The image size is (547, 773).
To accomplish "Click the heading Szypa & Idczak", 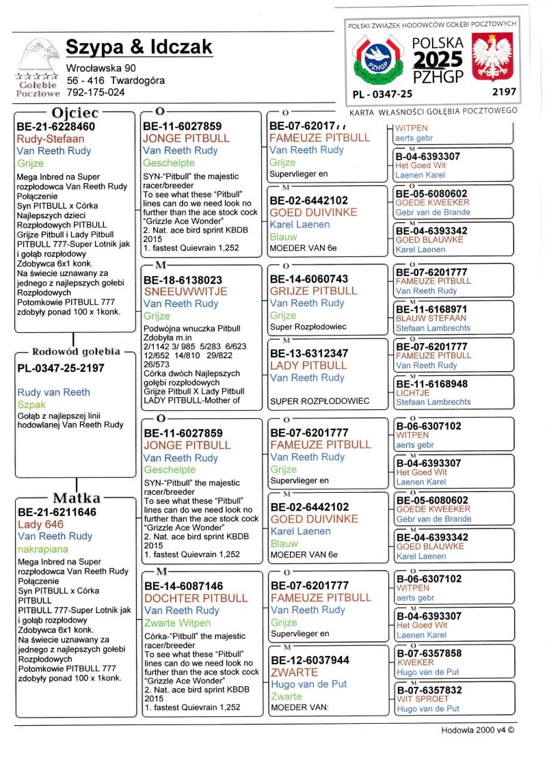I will [x=139, y=47].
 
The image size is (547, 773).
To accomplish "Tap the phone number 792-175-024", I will [x=96, y=92].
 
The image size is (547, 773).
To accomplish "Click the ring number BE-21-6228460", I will [x=56, y=126].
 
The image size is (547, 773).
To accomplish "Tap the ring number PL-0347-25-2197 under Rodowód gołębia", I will [x=61, y=368].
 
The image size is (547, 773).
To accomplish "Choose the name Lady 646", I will [x=40, y=524].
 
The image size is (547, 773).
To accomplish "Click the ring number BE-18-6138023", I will [x=183, y=280].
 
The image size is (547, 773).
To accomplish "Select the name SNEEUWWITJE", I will [x=179, y=291].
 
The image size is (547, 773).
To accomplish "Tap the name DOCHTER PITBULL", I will [x=196, y=598].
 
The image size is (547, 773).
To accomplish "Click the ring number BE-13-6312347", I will [x=309, y=353].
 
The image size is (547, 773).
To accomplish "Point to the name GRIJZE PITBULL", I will [x=314, y=290].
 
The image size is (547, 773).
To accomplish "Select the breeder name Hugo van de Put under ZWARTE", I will [x=309, y=684].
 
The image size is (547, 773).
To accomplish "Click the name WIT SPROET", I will [x=423, y=699].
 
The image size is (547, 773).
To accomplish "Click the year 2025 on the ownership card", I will [x=438, y=59].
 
